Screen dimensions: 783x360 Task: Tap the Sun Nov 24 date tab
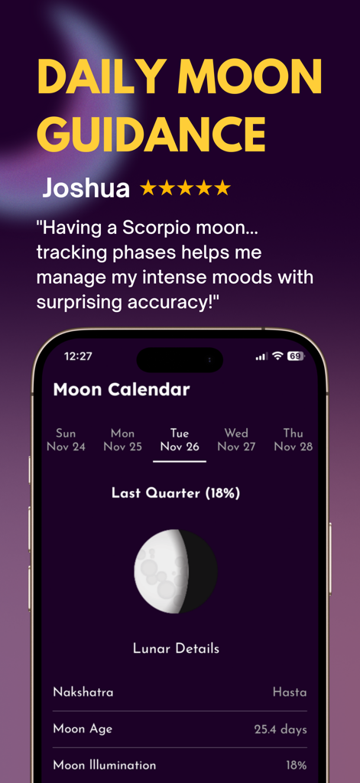pos(66,440)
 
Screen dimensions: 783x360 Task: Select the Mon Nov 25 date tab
pos(122,440)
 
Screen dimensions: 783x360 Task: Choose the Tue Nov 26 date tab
pos(180,440)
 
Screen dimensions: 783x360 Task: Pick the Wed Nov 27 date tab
pos(236,440)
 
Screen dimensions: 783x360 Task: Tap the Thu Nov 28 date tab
pos(294,440)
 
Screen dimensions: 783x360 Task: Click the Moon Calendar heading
pos(122,389)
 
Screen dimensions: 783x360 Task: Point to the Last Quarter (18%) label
pos(176,493)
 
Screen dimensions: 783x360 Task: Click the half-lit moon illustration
pos(176,570)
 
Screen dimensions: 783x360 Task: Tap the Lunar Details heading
pos(176,648)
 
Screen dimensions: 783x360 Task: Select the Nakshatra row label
pos(83,692)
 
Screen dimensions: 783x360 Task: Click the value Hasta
pos(290,692)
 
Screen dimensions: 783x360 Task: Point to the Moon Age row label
pos(83,729)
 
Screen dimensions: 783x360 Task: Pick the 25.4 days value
pos(281,729)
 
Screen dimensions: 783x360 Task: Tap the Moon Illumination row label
pos(105,765)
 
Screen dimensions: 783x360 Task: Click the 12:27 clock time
pos(78,356)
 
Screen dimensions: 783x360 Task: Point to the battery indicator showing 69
pos(296,356)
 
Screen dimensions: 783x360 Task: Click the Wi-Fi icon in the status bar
pos(277,356)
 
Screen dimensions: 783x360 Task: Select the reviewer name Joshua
pos(86,187)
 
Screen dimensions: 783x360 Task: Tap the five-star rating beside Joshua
pos(185,187)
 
